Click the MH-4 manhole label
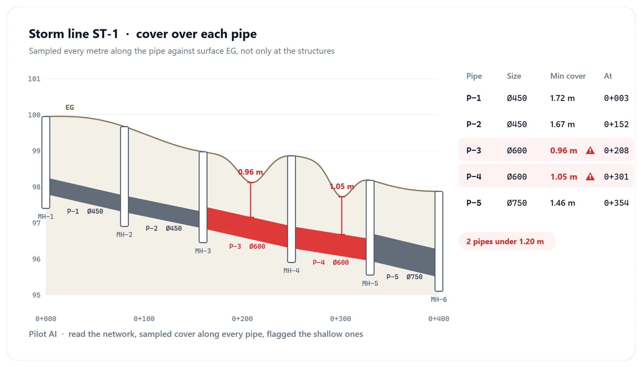point(291,271)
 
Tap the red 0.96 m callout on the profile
point(250,172)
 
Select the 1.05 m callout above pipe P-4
point(342,186)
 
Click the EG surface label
point(70,107)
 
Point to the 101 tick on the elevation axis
point(34,79)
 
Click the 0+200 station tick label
point(242,319)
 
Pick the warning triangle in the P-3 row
point(590,151)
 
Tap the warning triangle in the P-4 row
point(590,177)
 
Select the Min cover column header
point(568,76)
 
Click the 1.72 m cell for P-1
point(562,98)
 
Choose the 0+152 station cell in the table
point(616,124)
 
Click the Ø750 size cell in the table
point(517,203)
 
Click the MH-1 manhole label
point(46,216)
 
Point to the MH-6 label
point(439,299)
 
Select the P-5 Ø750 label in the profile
point(404,277)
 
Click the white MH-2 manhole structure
point(124,176)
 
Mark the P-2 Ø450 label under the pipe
point(164,228)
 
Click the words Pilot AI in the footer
point(43,334)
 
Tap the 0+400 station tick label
point(439,319)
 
